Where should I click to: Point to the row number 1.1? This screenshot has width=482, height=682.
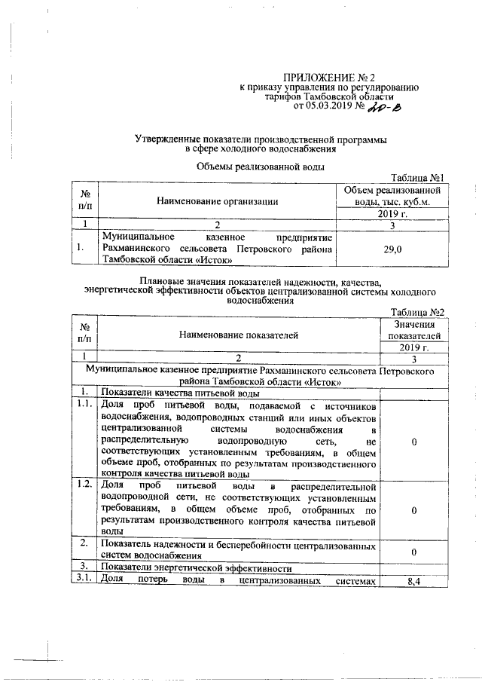click(x=84, y=405)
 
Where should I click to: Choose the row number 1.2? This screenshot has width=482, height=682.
click(x=84, y=483)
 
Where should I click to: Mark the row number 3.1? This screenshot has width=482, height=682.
click(x=84, y=579)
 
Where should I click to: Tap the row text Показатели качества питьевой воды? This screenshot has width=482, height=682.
click(x=181, y=393)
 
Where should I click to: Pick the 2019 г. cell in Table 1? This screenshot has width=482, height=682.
click(x=392, y=214)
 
